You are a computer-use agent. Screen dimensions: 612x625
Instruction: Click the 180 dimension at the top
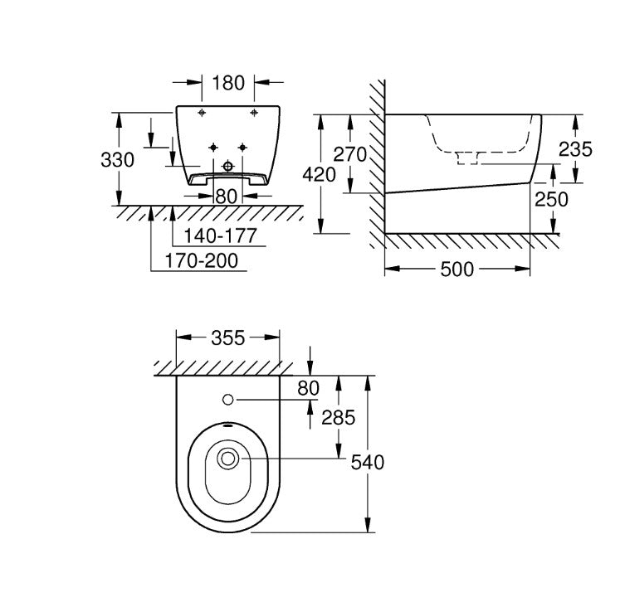[x=227, y=83]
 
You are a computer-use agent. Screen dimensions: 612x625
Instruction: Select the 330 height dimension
[x=117, y=159]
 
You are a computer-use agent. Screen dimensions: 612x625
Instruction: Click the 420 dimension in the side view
[x=320, y=175]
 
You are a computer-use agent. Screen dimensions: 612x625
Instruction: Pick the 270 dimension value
[x=350, y=153]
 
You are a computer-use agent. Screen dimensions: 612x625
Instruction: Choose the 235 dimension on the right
[x=574, y=149]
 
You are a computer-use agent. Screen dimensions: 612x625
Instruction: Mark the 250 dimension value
[x=551, y=199]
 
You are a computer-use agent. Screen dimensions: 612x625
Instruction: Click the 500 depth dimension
[x=457, y=270]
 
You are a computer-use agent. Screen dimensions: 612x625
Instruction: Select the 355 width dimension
[x=228, y=338]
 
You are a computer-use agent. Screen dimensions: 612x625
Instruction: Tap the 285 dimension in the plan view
[x=337, y=418]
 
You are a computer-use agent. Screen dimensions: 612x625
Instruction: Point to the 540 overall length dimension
[x=368, y=463]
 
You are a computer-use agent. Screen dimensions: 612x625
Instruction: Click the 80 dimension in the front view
[x=227, y=197]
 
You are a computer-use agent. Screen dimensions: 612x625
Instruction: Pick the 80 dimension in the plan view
[x=309, y=387]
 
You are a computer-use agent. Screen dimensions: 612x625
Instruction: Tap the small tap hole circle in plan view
[x=227, y=400]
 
